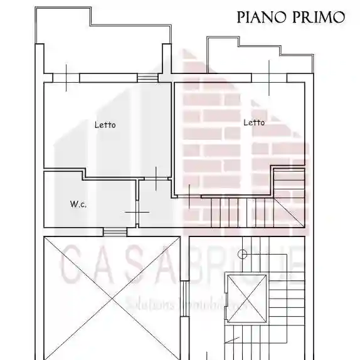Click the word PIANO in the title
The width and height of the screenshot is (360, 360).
tap(259, 17)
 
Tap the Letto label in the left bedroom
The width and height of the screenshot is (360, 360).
tap(105, 125)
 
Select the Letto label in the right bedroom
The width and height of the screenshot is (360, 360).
tap(253, 122)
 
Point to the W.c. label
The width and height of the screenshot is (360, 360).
tap(78, 204)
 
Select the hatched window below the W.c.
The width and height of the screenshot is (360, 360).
tap(115, 232)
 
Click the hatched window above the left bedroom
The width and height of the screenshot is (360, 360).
tap(147, 78)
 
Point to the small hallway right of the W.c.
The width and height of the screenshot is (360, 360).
tap(155, 204)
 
